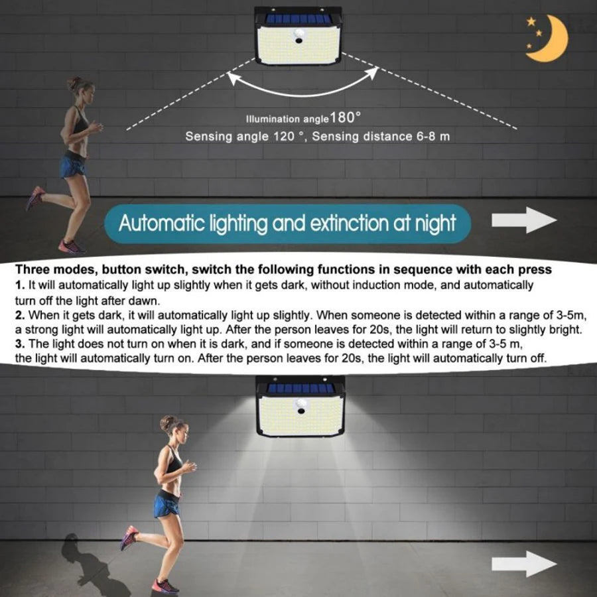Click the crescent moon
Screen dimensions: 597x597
[x=554, y=40]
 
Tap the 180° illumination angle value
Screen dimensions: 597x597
[x=344, y=117]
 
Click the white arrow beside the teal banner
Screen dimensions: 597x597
[x=524, y=220]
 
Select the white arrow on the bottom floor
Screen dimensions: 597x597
[x=524, y=564]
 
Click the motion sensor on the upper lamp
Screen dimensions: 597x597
[x=299, y=35]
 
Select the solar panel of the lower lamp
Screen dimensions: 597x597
[x=300, y=388]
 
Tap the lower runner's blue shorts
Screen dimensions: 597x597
[x=166, y=503]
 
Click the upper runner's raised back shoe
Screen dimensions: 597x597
[x=35, y=198]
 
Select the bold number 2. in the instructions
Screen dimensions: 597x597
[x=20, y=315]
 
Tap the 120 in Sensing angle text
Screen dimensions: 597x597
[x=284, y=136]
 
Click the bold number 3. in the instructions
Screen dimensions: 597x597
[x=20, y=344]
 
